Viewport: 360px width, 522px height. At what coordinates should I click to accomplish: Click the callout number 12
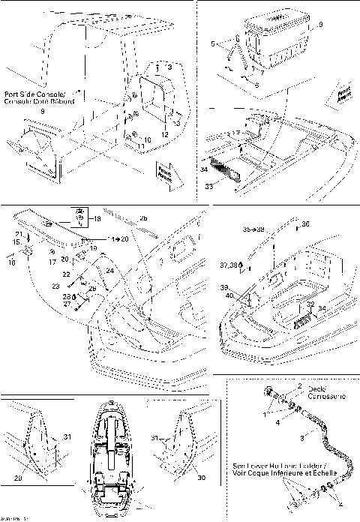click(164, 133)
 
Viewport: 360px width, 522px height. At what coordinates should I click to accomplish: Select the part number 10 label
click(148, 140)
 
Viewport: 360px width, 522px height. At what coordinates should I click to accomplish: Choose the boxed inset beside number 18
click(79, 217)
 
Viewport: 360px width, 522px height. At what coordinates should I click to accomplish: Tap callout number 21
click(17, 235)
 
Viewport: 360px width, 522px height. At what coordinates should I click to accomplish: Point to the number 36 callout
click(304, 223)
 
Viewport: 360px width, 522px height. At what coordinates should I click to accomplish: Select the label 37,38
click(229, 265)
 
